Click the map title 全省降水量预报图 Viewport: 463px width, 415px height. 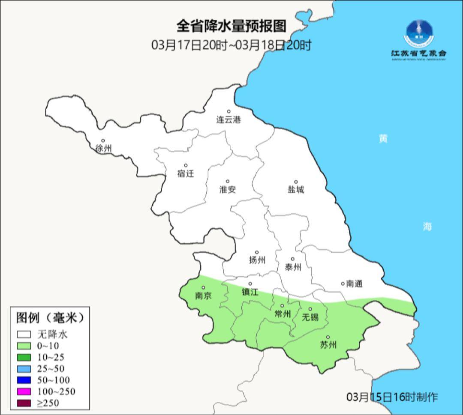coord(231,27)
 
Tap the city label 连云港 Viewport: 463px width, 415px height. coord(228,120)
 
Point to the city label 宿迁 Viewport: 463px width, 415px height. coord(186,173)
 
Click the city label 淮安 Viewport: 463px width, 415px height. coord(228,189)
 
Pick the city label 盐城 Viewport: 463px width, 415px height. coord(295,190)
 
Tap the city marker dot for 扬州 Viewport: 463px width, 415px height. coord(257,252)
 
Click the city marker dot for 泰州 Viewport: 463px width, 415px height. coord(293,259)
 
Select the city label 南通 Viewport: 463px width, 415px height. coord(354,284)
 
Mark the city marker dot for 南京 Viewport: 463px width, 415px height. coord(203,288)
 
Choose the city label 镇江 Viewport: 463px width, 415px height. coord(250,292)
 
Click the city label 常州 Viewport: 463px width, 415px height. coord(282,314)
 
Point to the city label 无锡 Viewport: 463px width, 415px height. coord(310,317)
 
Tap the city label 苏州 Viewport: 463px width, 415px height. coord(328,345)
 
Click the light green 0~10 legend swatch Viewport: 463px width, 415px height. coord(24,346)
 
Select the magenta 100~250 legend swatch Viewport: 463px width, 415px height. coord(24,391)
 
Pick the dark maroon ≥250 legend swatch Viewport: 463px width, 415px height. coord(24,403)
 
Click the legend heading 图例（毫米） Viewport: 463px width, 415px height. coord(50,318)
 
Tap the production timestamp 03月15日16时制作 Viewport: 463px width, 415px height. coord(392,397)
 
